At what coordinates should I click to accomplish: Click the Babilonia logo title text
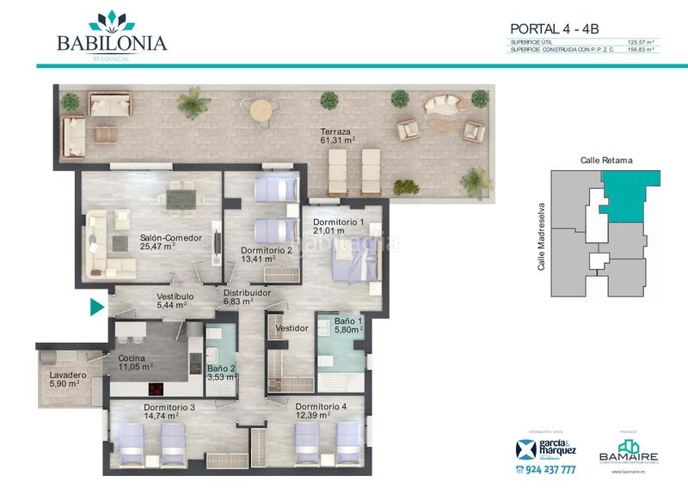click(112, 43)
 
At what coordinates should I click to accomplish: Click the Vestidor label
click(292, 329)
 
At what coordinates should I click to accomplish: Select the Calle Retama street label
click(606, 160)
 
